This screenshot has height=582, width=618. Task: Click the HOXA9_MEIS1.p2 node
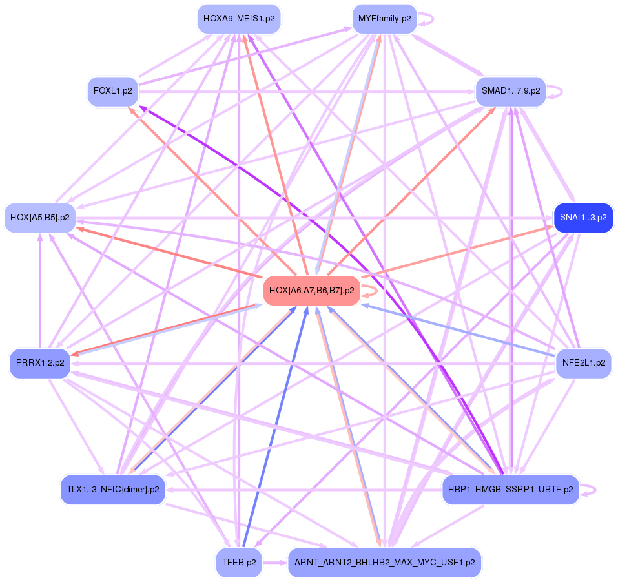[238, 19]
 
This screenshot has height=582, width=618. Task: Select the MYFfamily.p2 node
[384, 19]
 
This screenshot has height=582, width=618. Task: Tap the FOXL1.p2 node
[113, 91]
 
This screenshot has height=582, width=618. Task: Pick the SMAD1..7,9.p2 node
[510, 91]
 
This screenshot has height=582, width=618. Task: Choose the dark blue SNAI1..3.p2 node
[583, 218]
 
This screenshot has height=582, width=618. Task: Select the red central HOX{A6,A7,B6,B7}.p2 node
[311, 291]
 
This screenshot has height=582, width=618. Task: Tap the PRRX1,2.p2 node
[40, 363]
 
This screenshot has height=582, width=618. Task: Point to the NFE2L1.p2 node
[583, 363]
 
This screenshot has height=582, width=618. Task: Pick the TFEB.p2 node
[238, 562]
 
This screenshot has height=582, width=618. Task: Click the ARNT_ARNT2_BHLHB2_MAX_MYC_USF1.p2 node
[384, 562]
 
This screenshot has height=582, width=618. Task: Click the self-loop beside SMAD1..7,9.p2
[559, 91]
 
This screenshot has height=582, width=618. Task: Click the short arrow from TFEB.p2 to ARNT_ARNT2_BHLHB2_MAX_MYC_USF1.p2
[274, 562]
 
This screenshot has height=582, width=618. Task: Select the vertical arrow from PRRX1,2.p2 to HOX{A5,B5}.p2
[40, 291]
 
